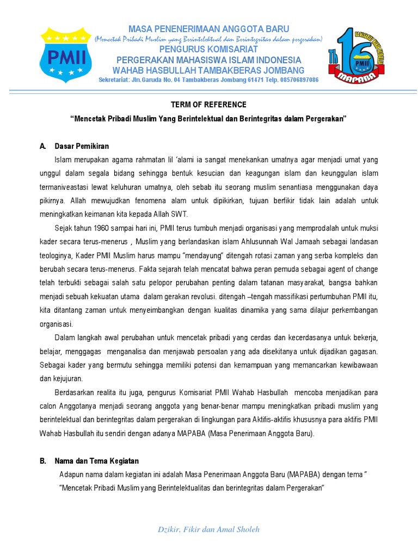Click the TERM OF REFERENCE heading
209,105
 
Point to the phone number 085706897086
293,80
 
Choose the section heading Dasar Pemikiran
82,146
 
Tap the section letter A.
42,146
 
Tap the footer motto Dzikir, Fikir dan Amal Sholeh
209,529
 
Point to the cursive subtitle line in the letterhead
209,39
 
